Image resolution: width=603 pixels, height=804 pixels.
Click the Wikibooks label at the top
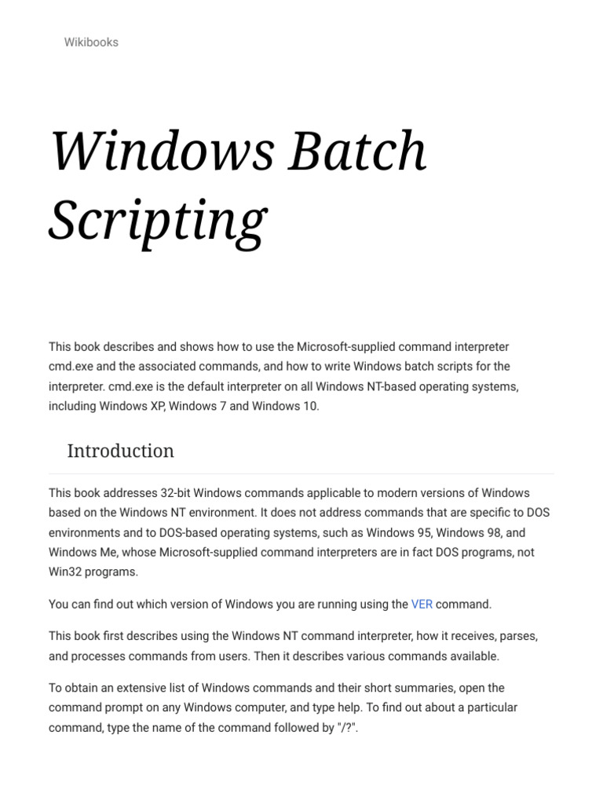tap(91, 42)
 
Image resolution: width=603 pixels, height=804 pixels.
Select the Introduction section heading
tap(120, 451)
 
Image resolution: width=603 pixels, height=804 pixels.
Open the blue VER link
tap(422, 605)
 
